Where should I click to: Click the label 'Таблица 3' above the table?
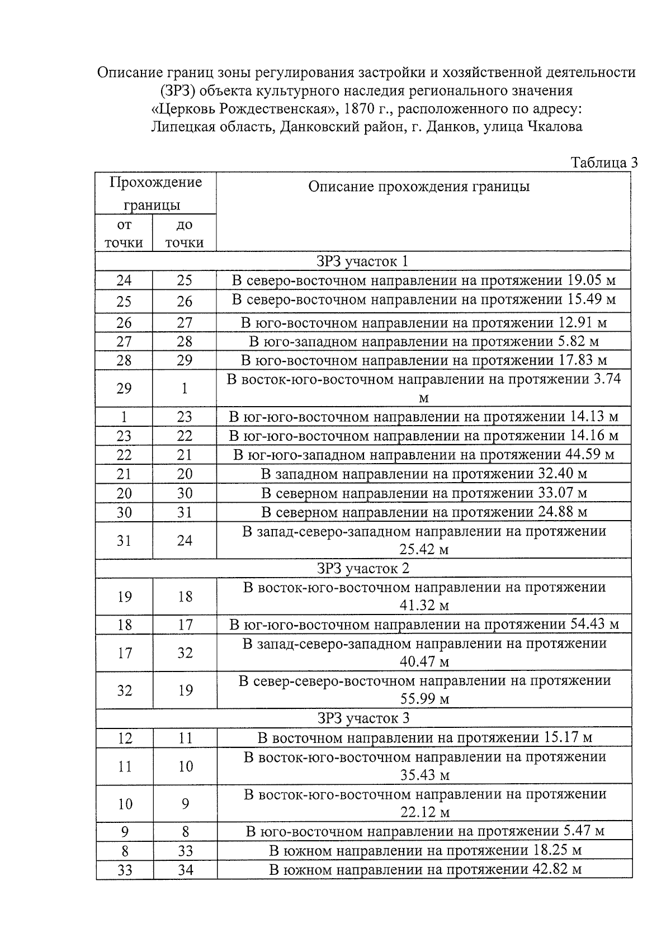[x=603, y=163]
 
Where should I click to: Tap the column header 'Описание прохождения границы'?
[x=419, y=187]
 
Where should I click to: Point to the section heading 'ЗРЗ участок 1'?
[x=362, y=261]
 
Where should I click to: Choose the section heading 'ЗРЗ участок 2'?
[x=362, y=568]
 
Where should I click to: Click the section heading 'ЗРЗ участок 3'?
[x=362, y=718]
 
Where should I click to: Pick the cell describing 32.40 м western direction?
[x=424, y=474]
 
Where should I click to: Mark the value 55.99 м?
[x=424, y=699]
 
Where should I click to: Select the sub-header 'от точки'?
[x=124, y=234]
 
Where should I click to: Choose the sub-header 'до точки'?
[x=184, y=234]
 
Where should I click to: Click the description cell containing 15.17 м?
[x=424, y=738]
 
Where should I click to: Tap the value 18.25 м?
[x=555, y=851]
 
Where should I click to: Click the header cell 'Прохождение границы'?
[x=155, y=193]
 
